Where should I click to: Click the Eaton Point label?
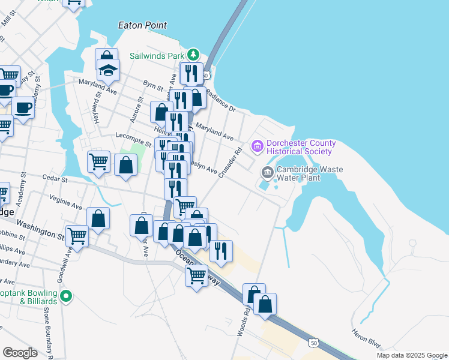pos(142,25)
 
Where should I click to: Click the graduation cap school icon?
pos(109,70)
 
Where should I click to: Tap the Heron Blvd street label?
pos(367,342)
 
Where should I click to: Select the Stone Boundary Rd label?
pos(47,333)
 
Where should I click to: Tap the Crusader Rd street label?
pos(229,161)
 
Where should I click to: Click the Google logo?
pos(20,353)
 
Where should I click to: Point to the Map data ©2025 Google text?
pos(411,355)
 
